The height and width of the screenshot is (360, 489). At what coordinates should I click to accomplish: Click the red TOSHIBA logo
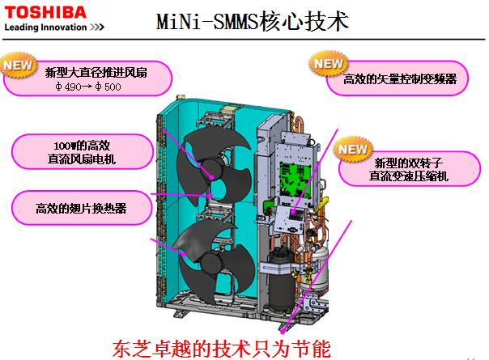click(x=45, y=12)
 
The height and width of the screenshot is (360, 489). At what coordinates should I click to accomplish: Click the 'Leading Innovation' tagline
click(x=45, y=28)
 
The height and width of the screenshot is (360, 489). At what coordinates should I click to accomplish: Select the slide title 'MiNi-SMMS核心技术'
click(x=252, y=21)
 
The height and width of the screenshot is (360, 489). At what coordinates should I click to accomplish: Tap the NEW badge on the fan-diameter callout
click(x=19, y=65)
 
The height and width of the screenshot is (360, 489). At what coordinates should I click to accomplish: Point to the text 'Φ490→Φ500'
click(x=88, y=87)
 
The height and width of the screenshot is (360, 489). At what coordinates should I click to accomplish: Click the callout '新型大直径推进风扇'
click(x=96, y=73)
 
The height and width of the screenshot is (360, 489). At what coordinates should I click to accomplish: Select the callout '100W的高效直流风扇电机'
click(x=82, y=152)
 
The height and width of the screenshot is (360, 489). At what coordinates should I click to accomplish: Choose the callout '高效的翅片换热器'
click(x=82, y=208)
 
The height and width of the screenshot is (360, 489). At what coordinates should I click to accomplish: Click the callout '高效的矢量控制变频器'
click(x=400, y=78)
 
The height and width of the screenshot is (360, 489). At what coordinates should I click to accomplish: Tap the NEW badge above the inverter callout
click(x=329, y=64)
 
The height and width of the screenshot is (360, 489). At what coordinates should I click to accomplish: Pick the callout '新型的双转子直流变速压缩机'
click(x=409, y=169)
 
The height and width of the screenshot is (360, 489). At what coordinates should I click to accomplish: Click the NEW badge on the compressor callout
click(x=353, y=149)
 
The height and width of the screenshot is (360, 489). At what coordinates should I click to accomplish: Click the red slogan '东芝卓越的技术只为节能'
click(x=221, y=349)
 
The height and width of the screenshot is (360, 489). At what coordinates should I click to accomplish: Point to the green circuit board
click(x=295, y=180)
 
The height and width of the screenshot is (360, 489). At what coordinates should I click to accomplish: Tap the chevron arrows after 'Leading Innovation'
click(x=96, y=28)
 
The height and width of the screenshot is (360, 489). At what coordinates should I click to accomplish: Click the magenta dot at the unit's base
click(x=283, y=332)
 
